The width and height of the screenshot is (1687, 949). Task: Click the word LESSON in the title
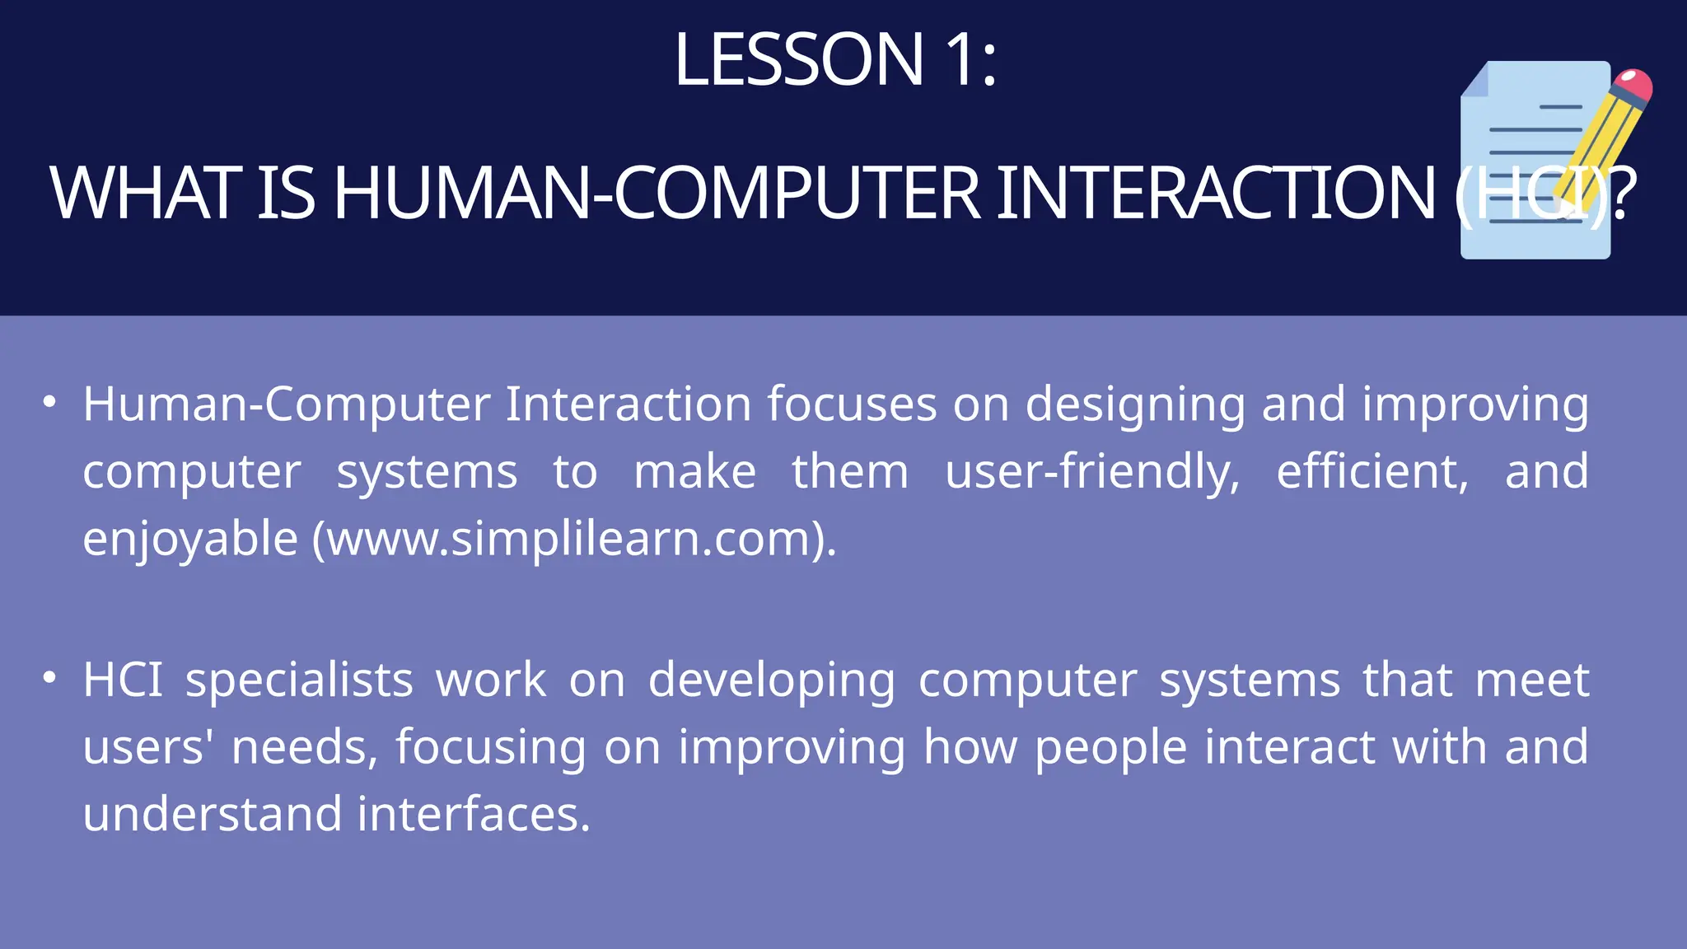coord(798,59)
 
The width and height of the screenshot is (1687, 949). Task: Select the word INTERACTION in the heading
coord(1216,194)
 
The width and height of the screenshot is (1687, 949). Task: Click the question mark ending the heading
coord(1622,194)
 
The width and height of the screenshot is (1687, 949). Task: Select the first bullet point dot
coord(50,402)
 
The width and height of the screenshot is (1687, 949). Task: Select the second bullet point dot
coord(50,678)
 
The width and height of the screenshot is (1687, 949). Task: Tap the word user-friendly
coord(1091,472)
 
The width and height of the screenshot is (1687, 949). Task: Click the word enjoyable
coord(190,540)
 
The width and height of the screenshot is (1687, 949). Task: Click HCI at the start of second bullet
coord(123,680)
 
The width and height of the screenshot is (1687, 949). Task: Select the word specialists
coord(299,680)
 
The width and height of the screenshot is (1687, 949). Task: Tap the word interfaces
coord(474,814)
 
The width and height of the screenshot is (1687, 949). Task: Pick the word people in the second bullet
coord(1110,748)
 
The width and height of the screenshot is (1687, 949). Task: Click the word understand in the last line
coord(212,814)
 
